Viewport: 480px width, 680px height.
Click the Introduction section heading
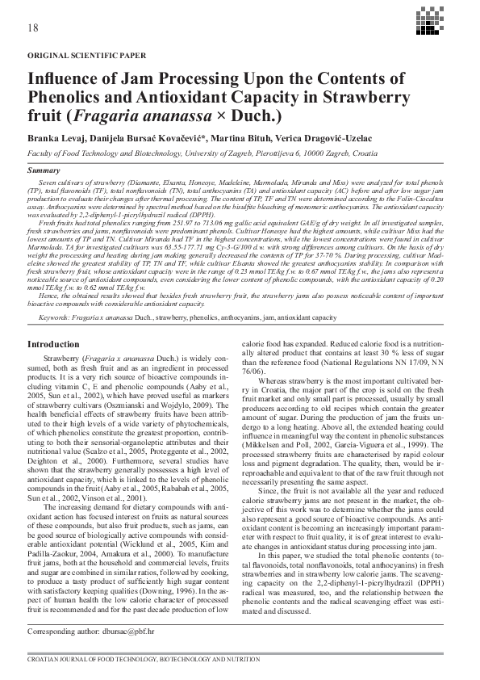pyautogui.click(x=53, y=345)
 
